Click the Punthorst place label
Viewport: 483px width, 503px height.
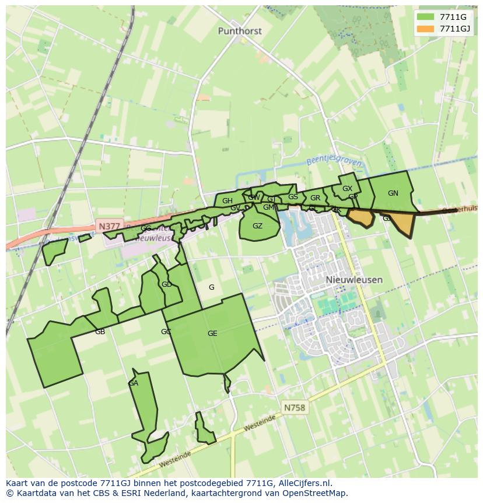240,31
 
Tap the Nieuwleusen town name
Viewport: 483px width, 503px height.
354,280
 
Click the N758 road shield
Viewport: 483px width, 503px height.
295,408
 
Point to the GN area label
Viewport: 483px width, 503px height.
393,193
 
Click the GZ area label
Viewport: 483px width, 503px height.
257,226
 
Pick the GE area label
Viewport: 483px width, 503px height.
212,334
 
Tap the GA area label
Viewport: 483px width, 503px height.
134,383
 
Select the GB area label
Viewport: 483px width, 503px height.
100,332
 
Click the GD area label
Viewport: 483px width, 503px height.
167,285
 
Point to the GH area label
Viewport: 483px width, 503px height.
228,201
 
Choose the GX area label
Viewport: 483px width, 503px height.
347,189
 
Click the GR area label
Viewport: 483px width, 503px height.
315,198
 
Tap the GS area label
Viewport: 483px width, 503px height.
293,197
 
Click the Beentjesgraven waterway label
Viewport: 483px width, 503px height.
334,163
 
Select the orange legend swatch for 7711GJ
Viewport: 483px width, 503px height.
426,29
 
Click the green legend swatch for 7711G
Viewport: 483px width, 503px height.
426,17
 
